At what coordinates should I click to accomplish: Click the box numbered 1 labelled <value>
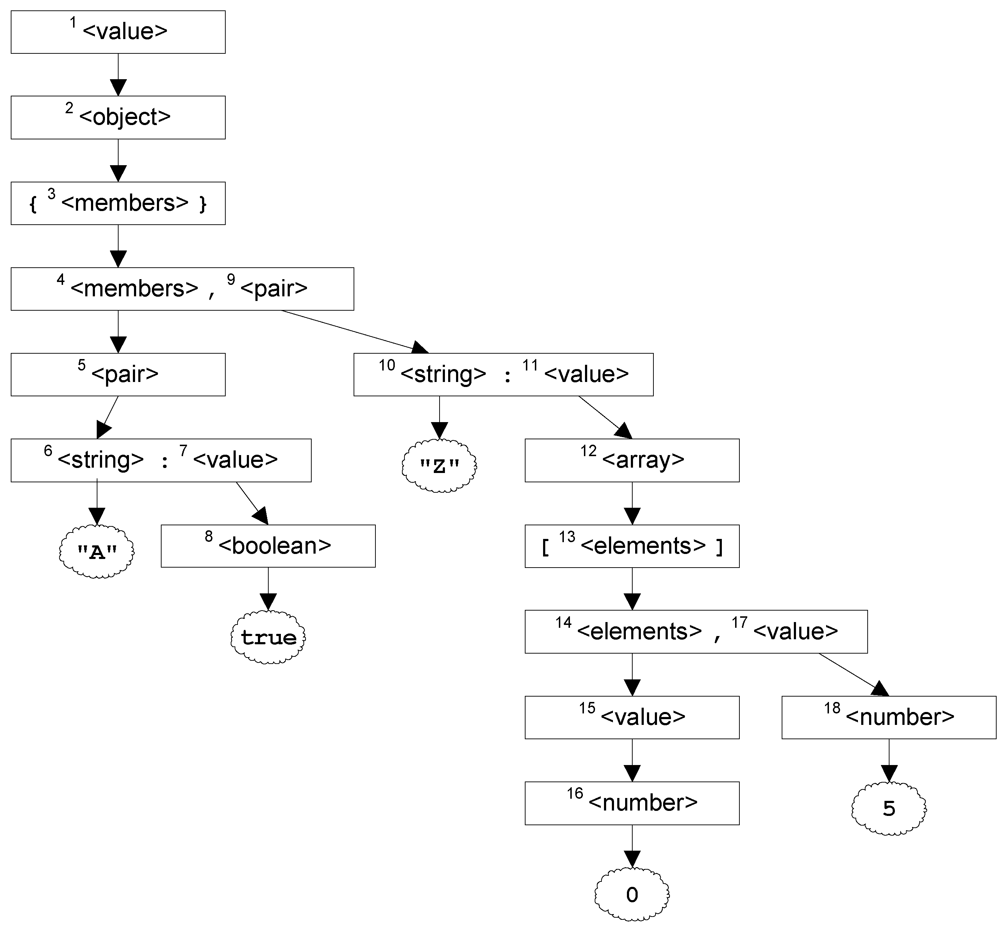click(118, 32)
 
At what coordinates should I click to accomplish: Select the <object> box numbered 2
click(118, 117)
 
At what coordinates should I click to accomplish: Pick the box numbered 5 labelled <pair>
click(118, 374)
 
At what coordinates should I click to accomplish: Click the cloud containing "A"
click(97, 552)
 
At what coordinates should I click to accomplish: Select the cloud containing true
click(268, 637)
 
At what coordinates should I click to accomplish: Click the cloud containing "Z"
click(439, 465)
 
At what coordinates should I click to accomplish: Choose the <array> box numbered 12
click(632, 460)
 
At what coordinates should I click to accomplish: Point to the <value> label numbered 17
click(795, 631)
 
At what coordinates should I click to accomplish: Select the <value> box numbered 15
click(632, 717)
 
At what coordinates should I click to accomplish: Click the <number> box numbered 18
click(888, 717)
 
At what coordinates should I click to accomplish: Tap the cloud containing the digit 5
click(888, 808)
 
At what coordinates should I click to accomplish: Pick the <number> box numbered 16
click(632, 803)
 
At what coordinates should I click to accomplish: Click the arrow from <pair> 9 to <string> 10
click(353, 331)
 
